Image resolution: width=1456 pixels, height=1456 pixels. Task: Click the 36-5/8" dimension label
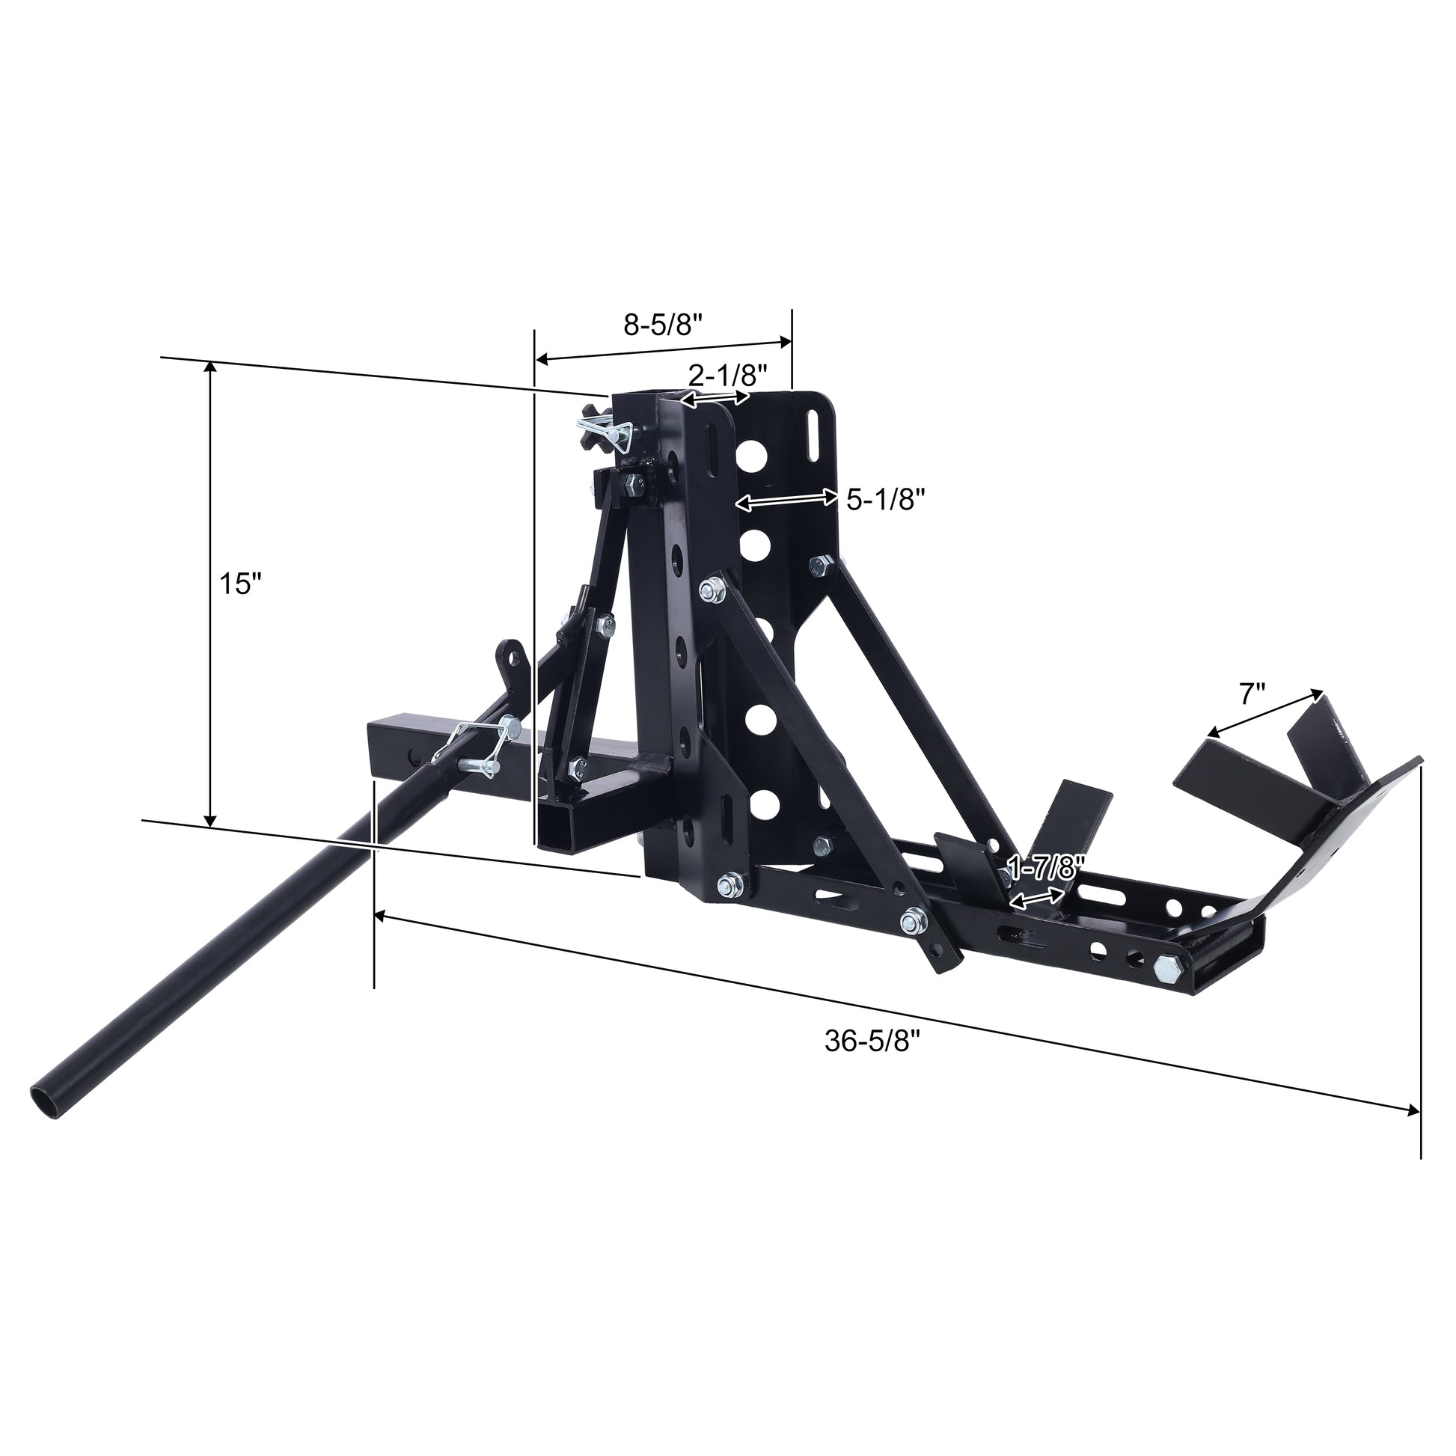(873, 1041)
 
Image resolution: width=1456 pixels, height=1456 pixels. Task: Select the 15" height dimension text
(239, 584)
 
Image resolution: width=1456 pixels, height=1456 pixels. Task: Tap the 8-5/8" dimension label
(663, 325)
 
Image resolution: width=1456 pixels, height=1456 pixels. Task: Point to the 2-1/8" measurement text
(728, 374)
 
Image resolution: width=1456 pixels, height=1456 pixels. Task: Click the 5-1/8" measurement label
(886, 499)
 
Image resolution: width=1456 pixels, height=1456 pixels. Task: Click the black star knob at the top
(594, 427)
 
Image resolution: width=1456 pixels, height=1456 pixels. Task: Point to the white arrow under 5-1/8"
(787, 499)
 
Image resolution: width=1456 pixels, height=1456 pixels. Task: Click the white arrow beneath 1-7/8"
(1038, 898)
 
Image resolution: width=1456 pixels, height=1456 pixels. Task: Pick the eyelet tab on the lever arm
(515, 658)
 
